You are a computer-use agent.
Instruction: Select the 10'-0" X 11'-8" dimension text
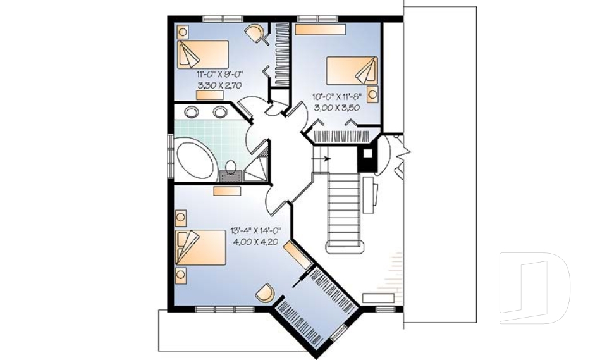(336, 97)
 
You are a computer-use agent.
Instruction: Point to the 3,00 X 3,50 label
(336, 108)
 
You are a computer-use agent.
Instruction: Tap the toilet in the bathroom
(231, 169)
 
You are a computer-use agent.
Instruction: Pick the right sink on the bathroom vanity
(220, 112)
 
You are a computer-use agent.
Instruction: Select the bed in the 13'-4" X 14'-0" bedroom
(202, 247)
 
